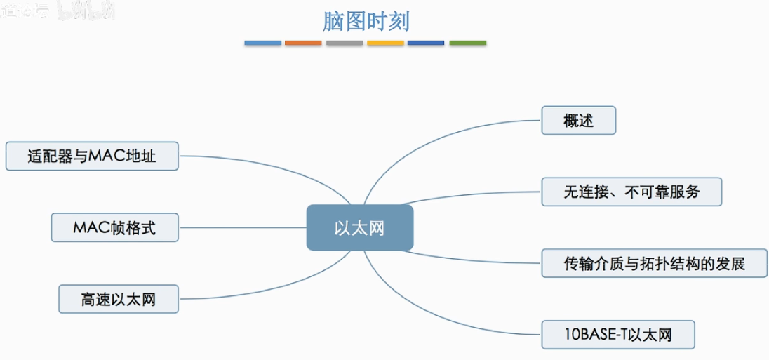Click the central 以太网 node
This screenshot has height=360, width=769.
[359, 228]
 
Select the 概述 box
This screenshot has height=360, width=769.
[578, 121]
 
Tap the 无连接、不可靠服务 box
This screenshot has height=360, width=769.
[631, 192]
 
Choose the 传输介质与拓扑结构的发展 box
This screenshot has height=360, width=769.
[654, 263]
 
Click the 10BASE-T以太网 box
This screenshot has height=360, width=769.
[617, 335]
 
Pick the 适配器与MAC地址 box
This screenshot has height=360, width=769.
[92, 156]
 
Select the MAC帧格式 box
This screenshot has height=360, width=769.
[114, 228]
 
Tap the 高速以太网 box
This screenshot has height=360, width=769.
[118, 300]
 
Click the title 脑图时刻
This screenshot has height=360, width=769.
[366, 21]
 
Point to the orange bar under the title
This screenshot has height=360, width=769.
[303, 43]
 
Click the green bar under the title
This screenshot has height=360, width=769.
[467, 43]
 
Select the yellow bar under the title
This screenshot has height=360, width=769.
[385, 43]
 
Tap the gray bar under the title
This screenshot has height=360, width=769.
[345, 43]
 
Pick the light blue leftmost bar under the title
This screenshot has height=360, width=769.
[262, 43]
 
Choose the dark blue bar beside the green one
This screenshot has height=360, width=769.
[426, 43]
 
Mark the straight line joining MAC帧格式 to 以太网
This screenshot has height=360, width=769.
[242, 227]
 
